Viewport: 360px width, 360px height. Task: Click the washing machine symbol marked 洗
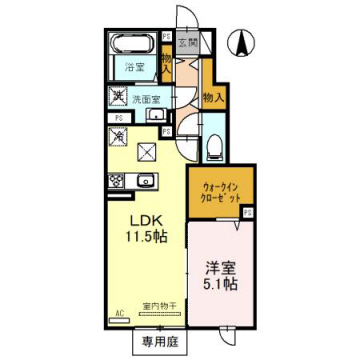pos(119,97)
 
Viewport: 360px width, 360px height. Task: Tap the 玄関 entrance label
pos(187,44)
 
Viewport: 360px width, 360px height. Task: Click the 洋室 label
pos(220,267)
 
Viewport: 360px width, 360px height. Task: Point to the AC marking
pos(118,313)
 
